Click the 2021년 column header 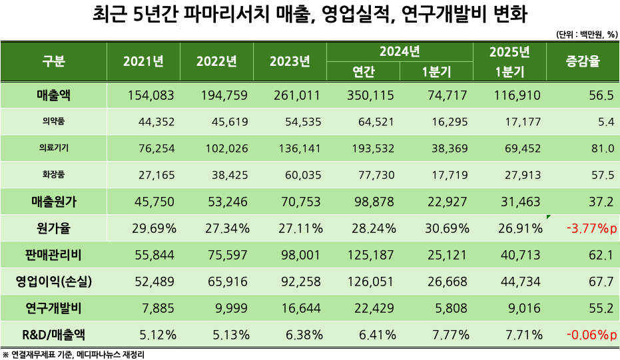coord(143,62)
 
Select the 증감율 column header coord(583,62)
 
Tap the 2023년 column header coord(290,62)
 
